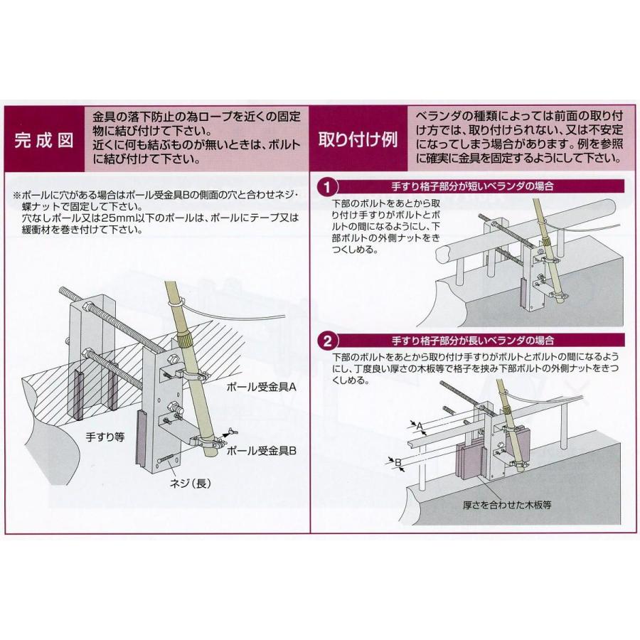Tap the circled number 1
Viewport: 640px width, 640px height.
coord(325,188)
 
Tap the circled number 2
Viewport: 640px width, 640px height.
coord(325,340)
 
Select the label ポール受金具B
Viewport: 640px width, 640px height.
coord(256,451)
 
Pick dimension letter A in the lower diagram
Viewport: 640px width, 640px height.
coord(420,425)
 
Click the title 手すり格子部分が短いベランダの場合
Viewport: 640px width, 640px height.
coord(473,188)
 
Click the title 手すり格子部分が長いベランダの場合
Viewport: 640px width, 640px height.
coord(473,340)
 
